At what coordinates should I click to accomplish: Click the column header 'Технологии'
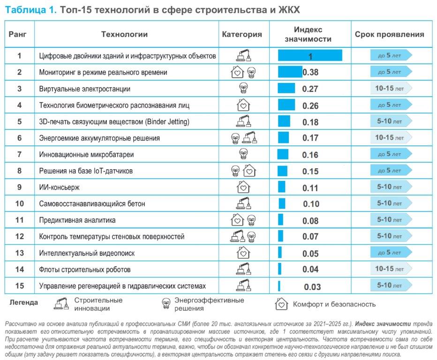pos(124,34)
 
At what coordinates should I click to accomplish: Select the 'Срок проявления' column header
pos(389,34)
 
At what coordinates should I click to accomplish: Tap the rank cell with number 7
pos(19,154)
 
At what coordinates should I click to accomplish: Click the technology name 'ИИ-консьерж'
pos(60,187)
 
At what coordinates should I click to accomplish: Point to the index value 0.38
pos(310,73)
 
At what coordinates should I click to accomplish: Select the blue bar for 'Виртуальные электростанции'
pos(283,89)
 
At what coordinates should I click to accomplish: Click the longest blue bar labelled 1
pos(310,56)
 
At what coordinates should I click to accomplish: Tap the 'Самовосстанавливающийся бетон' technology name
pos(92,204)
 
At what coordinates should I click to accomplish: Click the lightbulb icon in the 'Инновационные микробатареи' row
pos(243,153)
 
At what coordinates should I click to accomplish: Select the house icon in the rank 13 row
pos(242,253)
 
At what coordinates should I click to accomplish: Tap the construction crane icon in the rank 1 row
pos(242,55)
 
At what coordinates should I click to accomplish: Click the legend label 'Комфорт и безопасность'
pos(334,304)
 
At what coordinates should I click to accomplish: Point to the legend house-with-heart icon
pos(281,304)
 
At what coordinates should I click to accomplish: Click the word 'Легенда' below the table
pos(24,302)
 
